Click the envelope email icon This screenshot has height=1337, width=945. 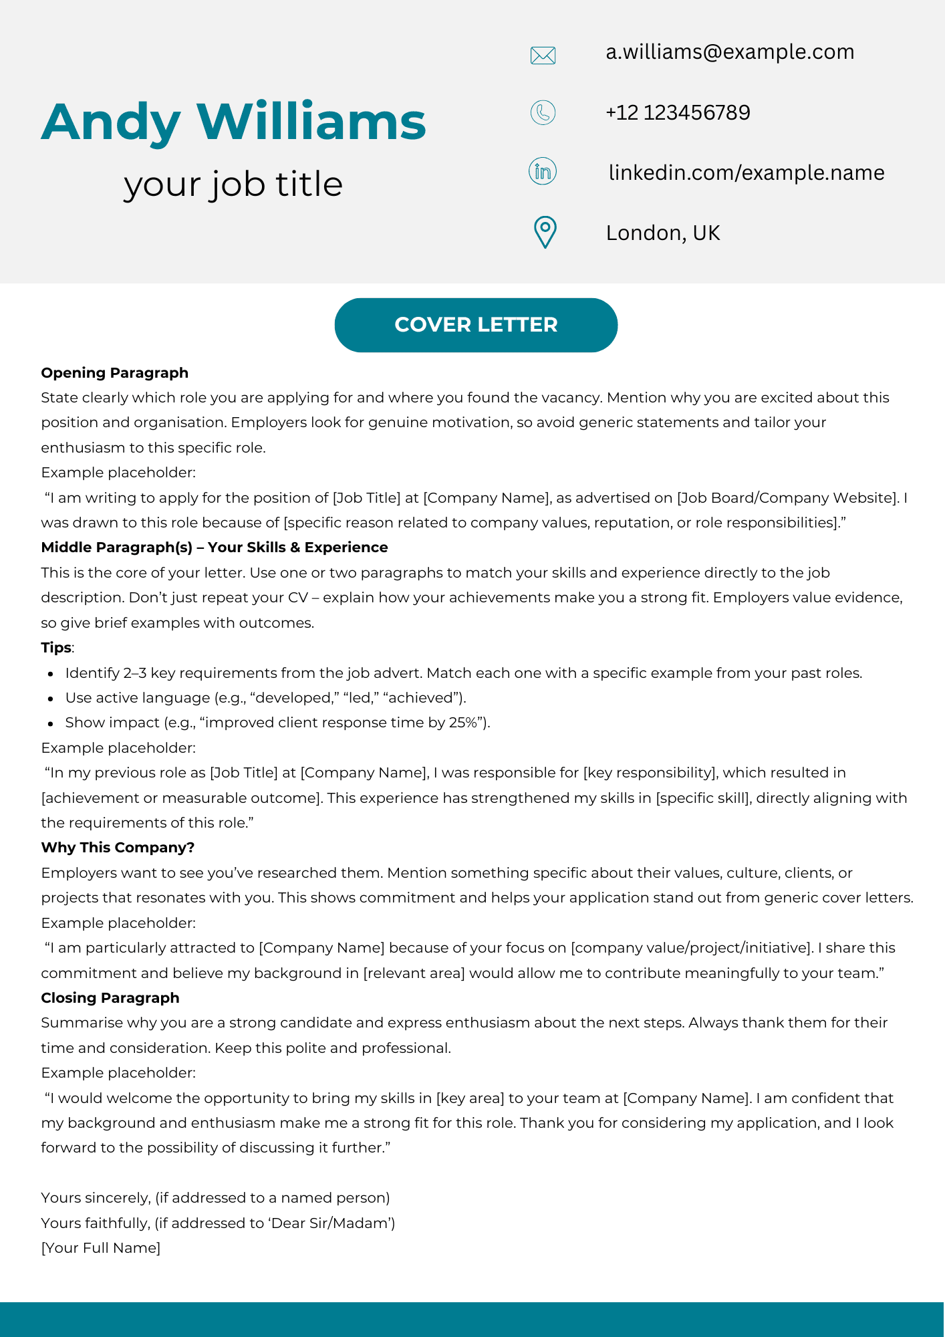coord(543,55)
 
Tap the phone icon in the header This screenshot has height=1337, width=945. coord(543,112)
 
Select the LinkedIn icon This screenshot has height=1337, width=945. coord(543,172)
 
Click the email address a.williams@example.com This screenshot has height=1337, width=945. coord(730,52)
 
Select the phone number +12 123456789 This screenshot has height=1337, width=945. coord(678,112)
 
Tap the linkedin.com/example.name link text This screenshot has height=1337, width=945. coord(747,172)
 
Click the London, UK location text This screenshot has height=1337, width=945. coord(663,233)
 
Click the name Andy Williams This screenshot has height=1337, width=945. coord(234,122)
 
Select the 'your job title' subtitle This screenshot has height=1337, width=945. coord(233,184)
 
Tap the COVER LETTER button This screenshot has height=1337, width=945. coord(476,325)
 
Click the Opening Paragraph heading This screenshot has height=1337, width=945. coord(115,373)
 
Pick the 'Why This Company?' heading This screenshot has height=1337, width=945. coord(118,848)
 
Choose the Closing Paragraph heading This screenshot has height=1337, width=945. coord(110,998)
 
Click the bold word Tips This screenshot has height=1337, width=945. coord(56,648)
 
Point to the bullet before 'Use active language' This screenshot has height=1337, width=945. coord(51,699)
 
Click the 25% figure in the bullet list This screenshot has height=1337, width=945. coord(462,723)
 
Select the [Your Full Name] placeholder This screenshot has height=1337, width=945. coord(101,1248)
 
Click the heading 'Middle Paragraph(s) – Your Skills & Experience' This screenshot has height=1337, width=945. coord(215,548)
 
